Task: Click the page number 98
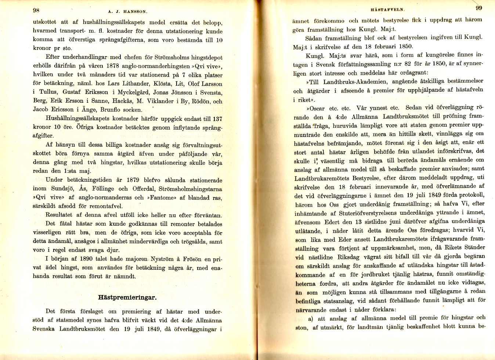click(36, 10)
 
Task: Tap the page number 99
click(479, 8)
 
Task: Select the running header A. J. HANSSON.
click(128, 11)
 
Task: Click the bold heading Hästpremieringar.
click(127, 297)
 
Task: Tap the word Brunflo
click(111, 110)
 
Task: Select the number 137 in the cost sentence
click(217, 119)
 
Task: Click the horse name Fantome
click(161, 198)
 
